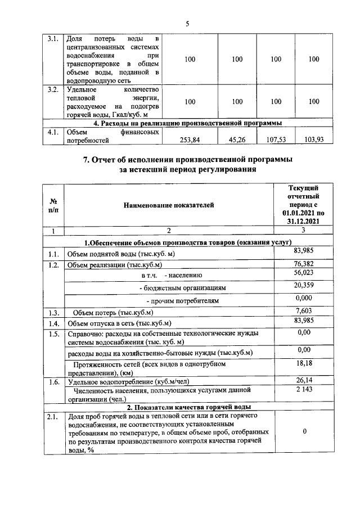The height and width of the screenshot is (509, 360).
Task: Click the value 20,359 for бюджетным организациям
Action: [x=303, y=285]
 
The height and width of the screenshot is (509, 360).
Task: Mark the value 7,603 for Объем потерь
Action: [x=303, y=310]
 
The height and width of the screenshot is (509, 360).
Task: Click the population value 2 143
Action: [x=303, y=389]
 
